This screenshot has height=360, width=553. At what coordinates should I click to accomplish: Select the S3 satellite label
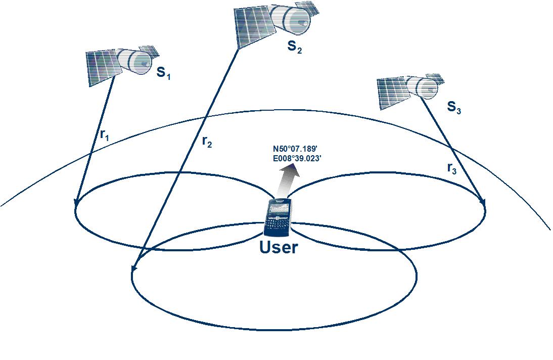point(454,107)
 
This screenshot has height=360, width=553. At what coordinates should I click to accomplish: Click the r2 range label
point(207,142)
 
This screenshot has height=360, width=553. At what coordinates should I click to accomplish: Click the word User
point(279,247)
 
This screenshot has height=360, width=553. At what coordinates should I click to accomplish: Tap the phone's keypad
point(276,224)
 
